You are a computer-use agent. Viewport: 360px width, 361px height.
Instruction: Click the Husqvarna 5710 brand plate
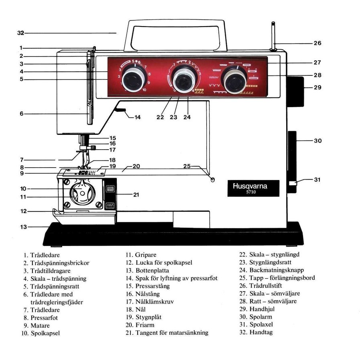[x=253, y=188]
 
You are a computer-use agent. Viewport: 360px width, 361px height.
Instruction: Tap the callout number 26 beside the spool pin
[x=317, y=43]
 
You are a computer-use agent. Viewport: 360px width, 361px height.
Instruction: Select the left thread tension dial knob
[x=132, y=79]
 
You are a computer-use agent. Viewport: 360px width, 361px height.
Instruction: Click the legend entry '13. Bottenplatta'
[x=147, y=271]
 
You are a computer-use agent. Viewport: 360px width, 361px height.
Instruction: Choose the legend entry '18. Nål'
[x=135, y=309]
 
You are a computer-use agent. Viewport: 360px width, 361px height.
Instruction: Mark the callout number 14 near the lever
[x=137, y=118]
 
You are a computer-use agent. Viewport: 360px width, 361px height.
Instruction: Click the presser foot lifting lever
[x=121, y=110]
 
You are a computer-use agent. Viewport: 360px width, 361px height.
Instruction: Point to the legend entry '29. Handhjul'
[x=263, y=309]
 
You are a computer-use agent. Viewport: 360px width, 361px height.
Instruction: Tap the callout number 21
[x=136, y=195]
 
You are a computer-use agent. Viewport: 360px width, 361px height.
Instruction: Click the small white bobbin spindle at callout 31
[x=292, y=184]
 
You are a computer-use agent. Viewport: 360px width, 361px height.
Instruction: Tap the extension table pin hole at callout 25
[x=213, y=179]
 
